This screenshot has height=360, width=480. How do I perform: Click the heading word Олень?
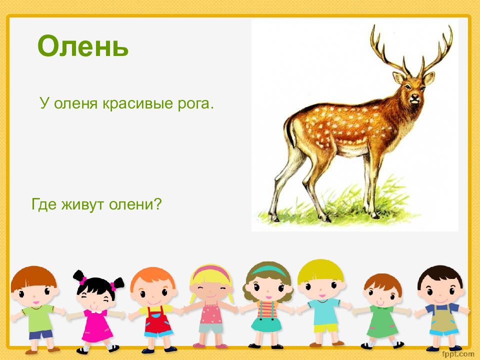coord(83,46)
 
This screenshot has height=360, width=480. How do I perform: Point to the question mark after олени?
coord(157,203)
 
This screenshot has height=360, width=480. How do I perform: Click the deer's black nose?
coord(415,97)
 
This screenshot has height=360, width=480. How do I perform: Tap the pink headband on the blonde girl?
coord(211,271)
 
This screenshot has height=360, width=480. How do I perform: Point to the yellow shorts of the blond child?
coord(325,328)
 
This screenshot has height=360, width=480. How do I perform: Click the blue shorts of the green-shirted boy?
coord(40,334)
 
